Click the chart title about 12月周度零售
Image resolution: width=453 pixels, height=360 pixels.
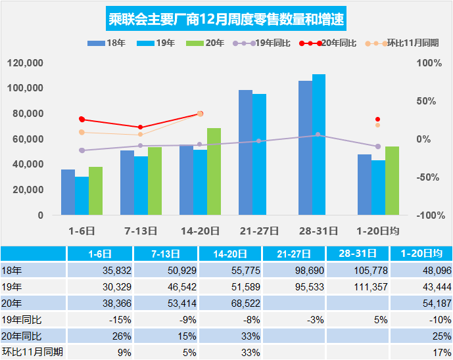pyautogui.click(x=226, y=18)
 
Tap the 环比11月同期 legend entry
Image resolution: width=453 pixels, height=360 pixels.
pyautogui.click(x=400, y=43)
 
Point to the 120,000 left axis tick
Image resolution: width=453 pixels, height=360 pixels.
pyautogui.click(x=26, y=63)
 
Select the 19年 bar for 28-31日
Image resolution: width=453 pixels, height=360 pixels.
pyautogui.click(x=319, y=145)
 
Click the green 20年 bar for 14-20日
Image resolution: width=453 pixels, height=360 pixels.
pyautogui.click(x=214, y=171)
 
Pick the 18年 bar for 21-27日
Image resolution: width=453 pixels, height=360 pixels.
pyautogui.click(x=245, y=152)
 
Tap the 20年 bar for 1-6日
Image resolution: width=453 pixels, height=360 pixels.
pyautogui.click(x=95, y=191)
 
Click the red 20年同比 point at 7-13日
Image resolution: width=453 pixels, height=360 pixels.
pyautogui.click(x=141, y=127)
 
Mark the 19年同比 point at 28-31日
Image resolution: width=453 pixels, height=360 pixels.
pyautogui.click(x=318, y=135)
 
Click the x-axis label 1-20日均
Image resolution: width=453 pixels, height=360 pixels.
pyautogui.click(x=377, y=231)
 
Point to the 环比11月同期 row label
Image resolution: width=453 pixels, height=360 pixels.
pyautogui.click(x=33, y=352)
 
